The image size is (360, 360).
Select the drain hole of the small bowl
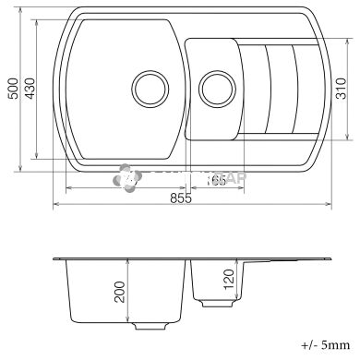pyautogui.click(x=218, y=90)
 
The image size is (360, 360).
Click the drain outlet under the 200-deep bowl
pyautogui.click(x=150, y=327)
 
